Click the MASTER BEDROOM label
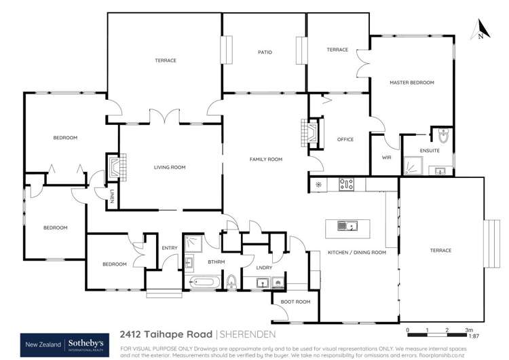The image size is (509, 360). tap(411, 82)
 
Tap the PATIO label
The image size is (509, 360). tap(265, 52)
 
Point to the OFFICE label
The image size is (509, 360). tap(345, 139)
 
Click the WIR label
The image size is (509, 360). tap(387, 157)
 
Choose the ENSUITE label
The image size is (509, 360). tap(430, 150)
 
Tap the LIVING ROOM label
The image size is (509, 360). tap(170, 167)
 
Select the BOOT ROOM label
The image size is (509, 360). tap(295, 302)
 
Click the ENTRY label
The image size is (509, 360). tap(169, 247)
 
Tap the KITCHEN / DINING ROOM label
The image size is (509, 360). tap(357, 252)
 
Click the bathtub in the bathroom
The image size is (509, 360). tap(202, 281)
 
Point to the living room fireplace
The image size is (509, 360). tap(112, 167)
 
